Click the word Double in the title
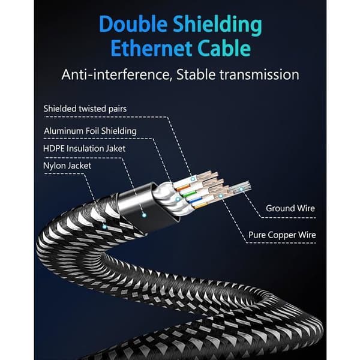[x=133, y=24]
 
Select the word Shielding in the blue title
[x=217, y=25]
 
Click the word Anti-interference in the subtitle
[x=116, y=75]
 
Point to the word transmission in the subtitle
[x=259, y=75]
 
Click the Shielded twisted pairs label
[x=85, y=109]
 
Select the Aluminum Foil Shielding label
[x=90, y=131]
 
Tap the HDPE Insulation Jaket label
[x=84, y=149]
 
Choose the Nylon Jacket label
[x=67, y=166]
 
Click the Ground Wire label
[x=290, y=208]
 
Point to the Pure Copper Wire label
[x=282, y=235]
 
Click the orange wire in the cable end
[x=183, y=188]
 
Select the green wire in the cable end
[x=188, y=195]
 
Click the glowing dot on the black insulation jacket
[x=144, y=215]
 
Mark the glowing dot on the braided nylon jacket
[x=104, y=227]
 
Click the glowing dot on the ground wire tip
[x=241, y=189]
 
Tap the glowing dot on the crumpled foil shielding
[x=178, y=199]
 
